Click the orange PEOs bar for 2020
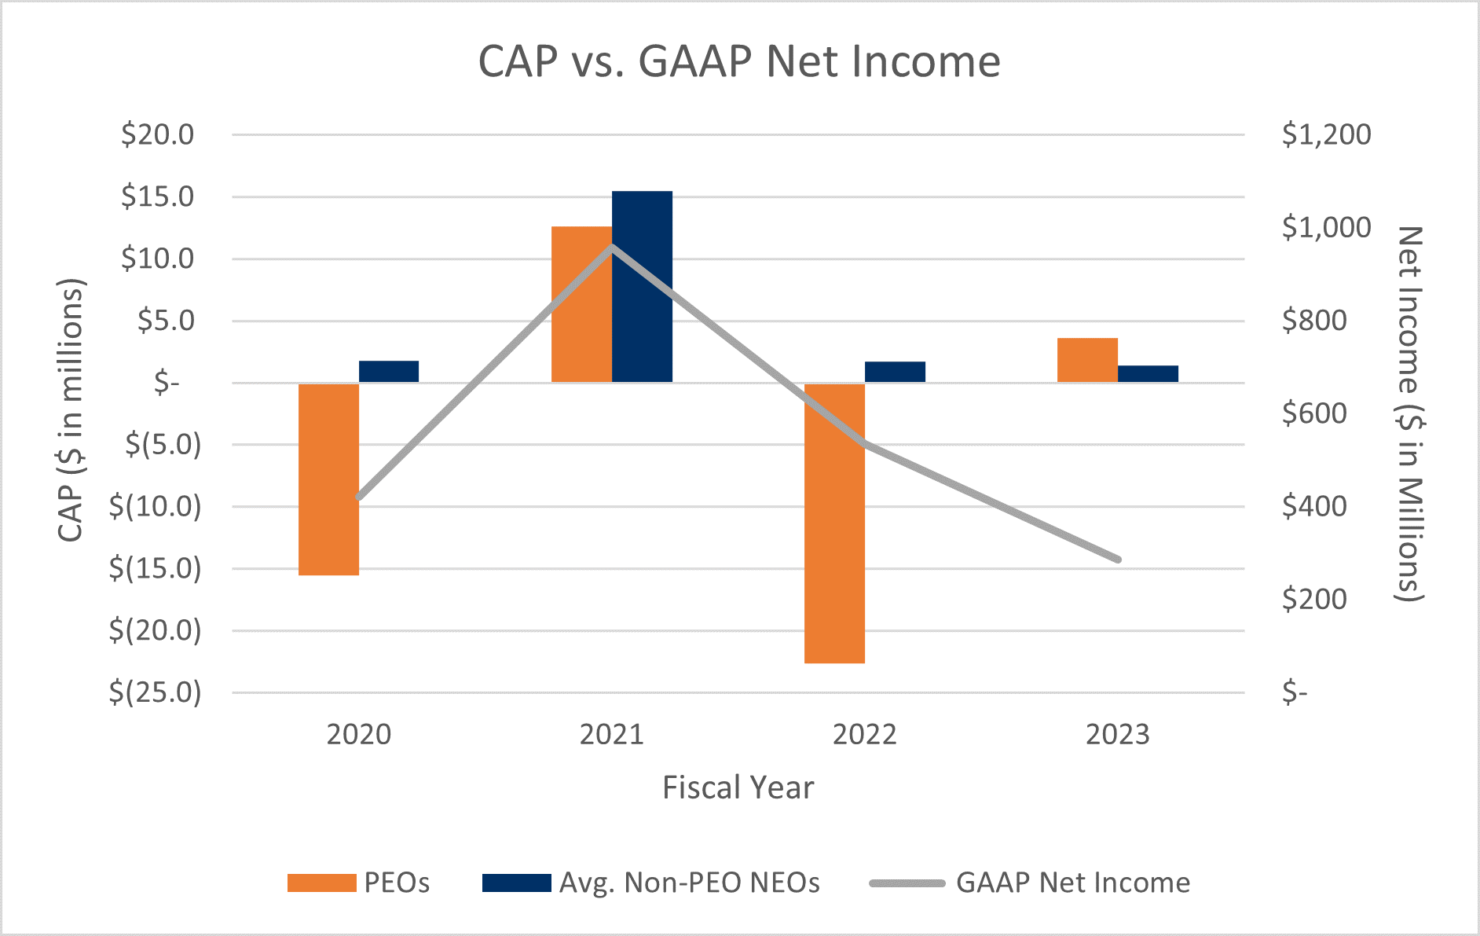(x=328, y=479)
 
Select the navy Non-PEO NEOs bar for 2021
(x=642, y=287)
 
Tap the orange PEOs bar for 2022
(x=834, y=523)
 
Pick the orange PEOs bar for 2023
(x=1087, y=360)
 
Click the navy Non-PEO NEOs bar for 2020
(x=389, y=372)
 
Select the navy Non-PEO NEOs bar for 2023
(x=1148, y=374)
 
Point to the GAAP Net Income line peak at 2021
(x=612, y=247)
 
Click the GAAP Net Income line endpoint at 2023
(x=1117, y=560)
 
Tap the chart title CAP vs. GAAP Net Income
(x=739, y=61)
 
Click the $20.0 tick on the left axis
(x=157, y=134)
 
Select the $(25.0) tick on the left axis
(x=155, y=692)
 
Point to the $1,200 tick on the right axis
(x=1326, y=134)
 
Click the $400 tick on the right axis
(x=1313, y=507)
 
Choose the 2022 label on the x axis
(x=864, y=735)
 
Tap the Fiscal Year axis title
(x=738, y=787)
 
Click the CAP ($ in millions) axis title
(x=71, y=409)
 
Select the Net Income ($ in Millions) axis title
(x=1409, y=414)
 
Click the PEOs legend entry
(x=358, y=883)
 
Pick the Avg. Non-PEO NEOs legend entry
(x=651, y=883)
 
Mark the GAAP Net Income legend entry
(x=1030, y=883)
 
